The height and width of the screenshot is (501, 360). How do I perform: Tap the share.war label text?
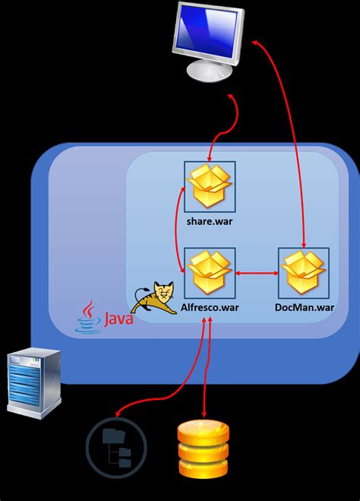[209, 221]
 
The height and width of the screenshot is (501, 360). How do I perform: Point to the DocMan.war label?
[304, 307]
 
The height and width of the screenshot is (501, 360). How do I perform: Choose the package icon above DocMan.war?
[304, 271]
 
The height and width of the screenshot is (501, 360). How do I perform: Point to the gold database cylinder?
[203, 450]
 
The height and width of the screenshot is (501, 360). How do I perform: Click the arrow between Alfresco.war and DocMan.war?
[256, 271]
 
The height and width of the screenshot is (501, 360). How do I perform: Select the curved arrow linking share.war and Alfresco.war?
[179, 228]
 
